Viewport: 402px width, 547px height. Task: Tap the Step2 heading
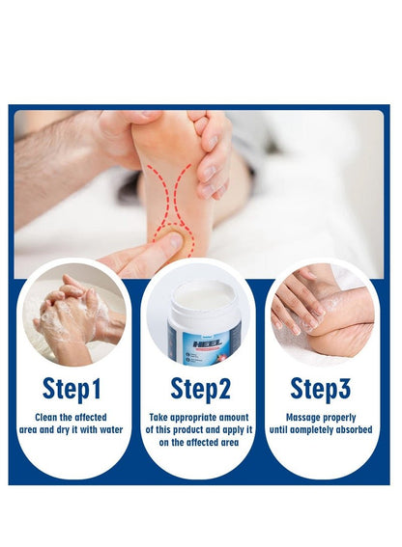[x=201, y=389]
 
